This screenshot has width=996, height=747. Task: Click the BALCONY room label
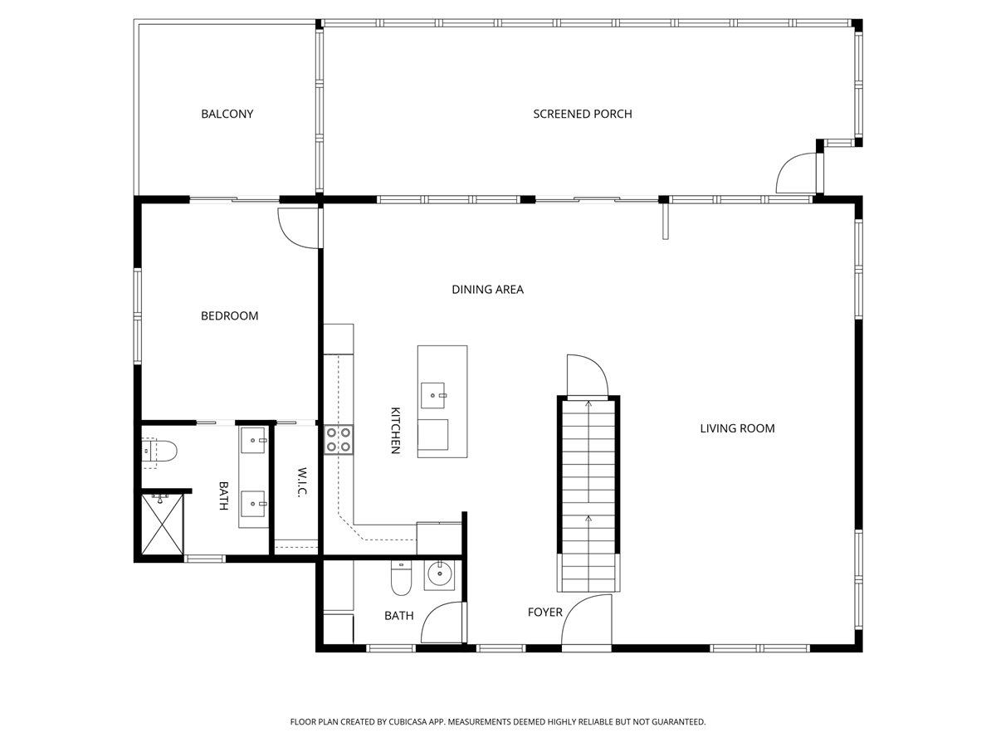click(x=227, y=114)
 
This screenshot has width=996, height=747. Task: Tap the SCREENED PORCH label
click(x=582, y=114)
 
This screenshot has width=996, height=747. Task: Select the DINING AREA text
click(x=487, y=290)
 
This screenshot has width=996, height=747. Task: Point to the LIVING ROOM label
click(x=737, y=428)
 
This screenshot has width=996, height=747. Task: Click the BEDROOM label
click(x=229, y=315)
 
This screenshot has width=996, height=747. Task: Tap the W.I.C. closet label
click(x=302, y=482)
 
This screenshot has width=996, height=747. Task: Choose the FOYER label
click(x=545, y=613)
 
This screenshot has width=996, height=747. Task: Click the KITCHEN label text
click(x=395, y=431)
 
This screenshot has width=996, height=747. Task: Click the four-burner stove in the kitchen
click(x=338, y=440)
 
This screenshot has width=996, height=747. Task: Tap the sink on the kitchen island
click(x=432, y=396)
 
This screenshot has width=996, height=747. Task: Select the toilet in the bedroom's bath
click(x=159, y=451)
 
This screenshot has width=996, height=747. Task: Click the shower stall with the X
click(x=163, y=525)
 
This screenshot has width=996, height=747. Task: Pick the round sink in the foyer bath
click(x=439, y=574)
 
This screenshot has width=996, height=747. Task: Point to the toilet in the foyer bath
click(x=401, y=578)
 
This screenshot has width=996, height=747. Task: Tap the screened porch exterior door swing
click(x=796, y=173)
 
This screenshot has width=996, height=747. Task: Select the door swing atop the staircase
click(x=587, y=375)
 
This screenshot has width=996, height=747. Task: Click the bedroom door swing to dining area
click(x=298, y=228)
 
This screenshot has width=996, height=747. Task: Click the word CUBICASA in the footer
click(x=408, y=721)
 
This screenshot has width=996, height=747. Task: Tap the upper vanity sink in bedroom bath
click(x=253, y=440)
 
